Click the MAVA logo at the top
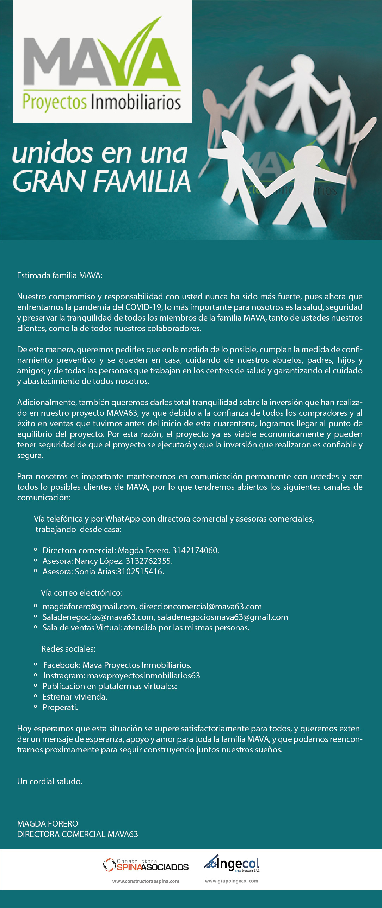pos(102,63)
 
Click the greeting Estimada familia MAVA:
pos(60,275)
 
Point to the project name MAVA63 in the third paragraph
pos(122,413)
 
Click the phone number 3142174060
pos(195,550)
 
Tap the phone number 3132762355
pos(149,561)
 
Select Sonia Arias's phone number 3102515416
pos(140,572)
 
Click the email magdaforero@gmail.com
pos(89,607)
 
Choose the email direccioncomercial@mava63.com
pos(200,607)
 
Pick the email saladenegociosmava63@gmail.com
pos(222,617)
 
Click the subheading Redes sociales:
pos(68,649)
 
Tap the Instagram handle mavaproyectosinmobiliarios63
pos(143,676)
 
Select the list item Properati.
pos(60,707)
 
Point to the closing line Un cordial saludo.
pos(50,781)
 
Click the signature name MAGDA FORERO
pos(48,824)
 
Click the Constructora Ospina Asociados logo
pos(146,865)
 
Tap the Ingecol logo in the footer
pos(232,864)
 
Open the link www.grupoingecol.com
pos(232,881)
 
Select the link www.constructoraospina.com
pos(146,881)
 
